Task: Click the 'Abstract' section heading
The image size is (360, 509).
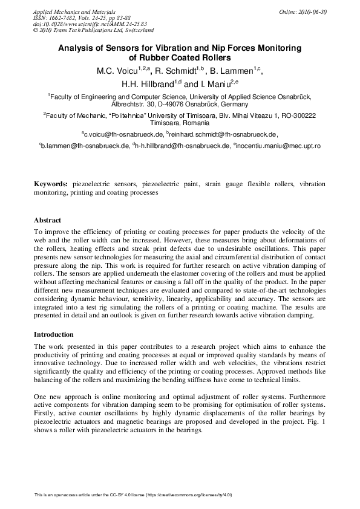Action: (x=47, y=220)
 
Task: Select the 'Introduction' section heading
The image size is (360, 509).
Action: (x=53, y=334)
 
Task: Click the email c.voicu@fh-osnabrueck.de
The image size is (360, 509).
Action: (x=123, y=133)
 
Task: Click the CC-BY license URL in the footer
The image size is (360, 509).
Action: (x=192, y=495)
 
